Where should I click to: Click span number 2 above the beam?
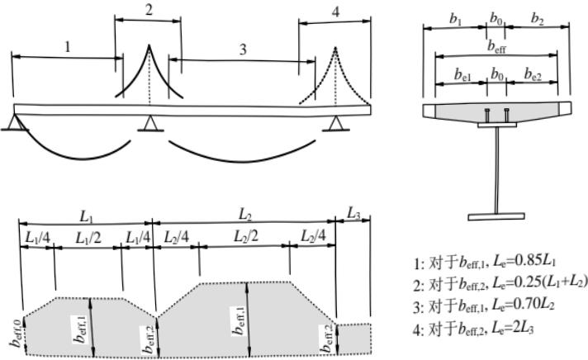click(x=149, y=10)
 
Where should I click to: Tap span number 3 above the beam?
click(x=243, y=50)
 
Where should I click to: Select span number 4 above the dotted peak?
click(x=334, y=12)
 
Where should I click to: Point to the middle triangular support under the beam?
click(x=149, y=124)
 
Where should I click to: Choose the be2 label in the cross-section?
click(x=533, y=74)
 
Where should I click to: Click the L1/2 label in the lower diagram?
click(x=88, y=237)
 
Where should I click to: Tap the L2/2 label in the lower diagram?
click(x=245, y=237)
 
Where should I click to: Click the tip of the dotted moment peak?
click(x=334, y=48)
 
